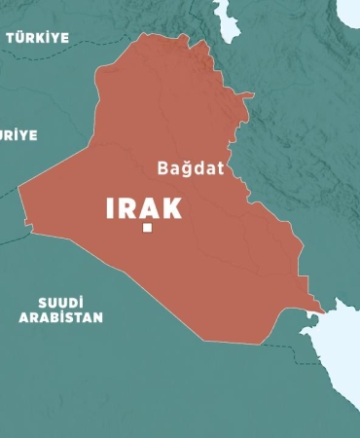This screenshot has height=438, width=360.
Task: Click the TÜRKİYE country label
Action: click(x=38, y=37)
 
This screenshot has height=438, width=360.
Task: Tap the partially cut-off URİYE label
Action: click(x=18, y=135)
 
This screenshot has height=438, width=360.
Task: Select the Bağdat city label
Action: click(x=191, y=167)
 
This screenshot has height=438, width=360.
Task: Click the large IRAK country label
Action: click(x=144, y=207)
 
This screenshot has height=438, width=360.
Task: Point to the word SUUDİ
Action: click(x=61, y=301)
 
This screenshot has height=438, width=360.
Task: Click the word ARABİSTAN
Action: click(x=60, y=317)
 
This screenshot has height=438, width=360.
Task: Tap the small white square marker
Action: click(x=147, y=228)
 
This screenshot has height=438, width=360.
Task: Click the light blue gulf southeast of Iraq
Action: click(x=336, y=341)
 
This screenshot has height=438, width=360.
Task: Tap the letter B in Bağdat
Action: click(x=163, y=167)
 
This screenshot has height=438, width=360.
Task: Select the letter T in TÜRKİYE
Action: click(x=11, y=37)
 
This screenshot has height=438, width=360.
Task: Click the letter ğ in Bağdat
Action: click(x=186, y=169)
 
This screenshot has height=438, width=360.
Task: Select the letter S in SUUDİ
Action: click(x=43, y=301)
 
